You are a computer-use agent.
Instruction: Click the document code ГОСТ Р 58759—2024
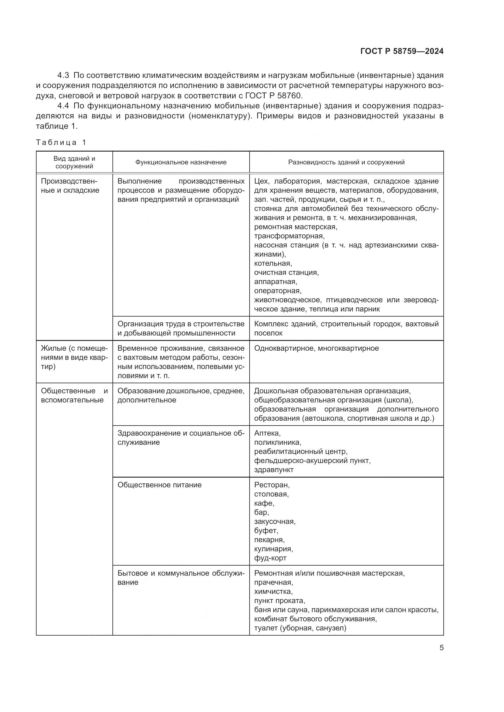click(x=402, y=51)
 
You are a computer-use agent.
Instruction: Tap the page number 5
click(x=441, y=648)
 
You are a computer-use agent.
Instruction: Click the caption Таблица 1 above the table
click(x=61, y=142)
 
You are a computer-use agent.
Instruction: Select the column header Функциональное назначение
click(x=181, y=162)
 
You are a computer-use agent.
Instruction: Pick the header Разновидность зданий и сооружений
click(x=346, y=162)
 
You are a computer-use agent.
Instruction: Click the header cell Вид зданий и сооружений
click(x=74, y=162)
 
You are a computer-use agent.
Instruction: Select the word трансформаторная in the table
click(x=289, y=236)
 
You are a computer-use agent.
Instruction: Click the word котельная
click(x=273, y=263)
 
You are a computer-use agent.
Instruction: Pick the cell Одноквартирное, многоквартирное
click(x=316, y=348)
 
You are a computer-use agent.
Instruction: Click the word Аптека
click(x=267, y=433)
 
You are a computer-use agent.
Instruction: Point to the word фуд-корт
click(x=270, y=558)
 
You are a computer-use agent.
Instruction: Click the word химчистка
click(x=273, y=591)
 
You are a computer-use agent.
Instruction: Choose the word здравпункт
click(x=274, y=470)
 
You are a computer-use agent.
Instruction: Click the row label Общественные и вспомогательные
click(x=74, y=395)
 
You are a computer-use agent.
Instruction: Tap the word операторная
click(x=278, y=291)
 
